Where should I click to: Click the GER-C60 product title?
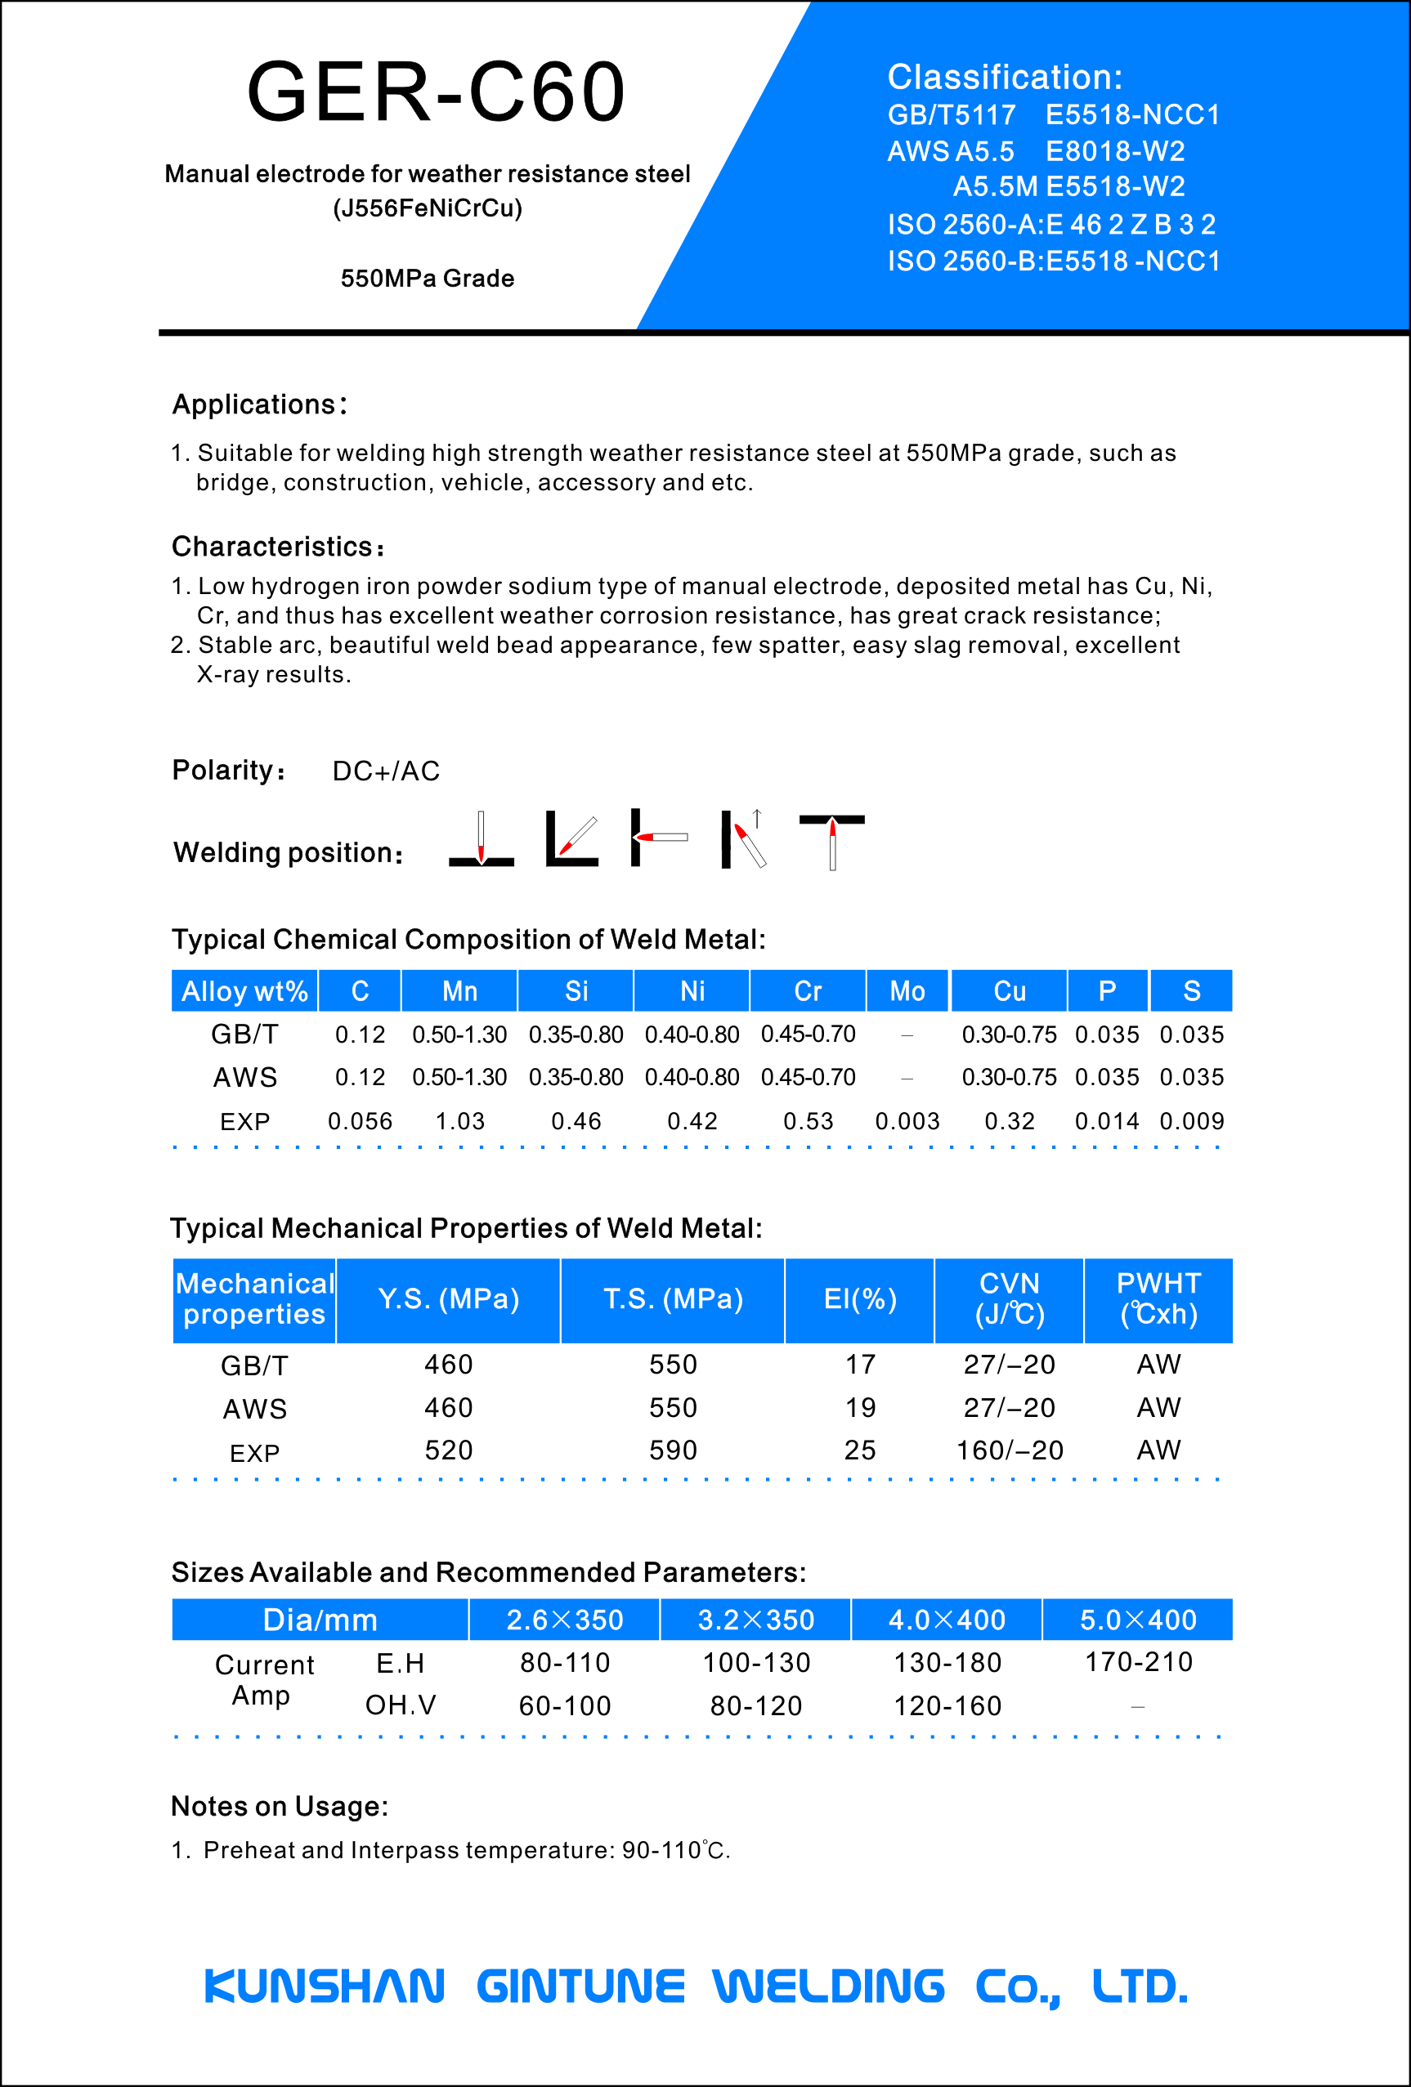[x=436, y=92]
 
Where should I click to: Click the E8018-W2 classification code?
[x=1114, y=151]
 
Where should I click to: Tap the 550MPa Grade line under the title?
[x=428, y=279]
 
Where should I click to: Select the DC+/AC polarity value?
[x=386, y=771]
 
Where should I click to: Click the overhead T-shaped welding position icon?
[x=831, y=841]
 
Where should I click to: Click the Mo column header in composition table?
[x=907, y=991]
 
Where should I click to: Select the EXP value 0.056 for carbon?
[x=361, y=1122]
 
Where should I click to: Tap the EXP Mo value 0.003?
[x=907, y=1122]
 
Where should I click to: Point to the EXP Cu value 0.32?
[x=1010, y=1122]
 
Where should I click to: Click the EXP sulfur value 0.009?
[x=1192, y=1122]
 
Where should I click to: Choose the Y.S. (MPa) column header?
[x=448, y=1299]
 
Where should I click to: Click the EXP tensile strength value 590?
[x=673, y=1450]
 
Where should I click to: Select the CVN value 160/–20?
[x=1010, y=1450]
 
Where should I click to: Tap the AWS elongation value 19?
[x=859, y=1407]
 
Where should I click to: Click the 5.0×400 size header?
[x=1138, y=1620]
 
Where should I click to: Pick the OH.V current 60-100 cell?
[x=565, y=1706]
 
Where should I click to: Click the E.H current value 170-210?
[x=1138, y=1662]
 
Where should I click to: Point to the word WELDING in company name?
[x=828, y=1986]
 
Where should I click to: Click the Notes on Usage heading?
[x=280, y=1807]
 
